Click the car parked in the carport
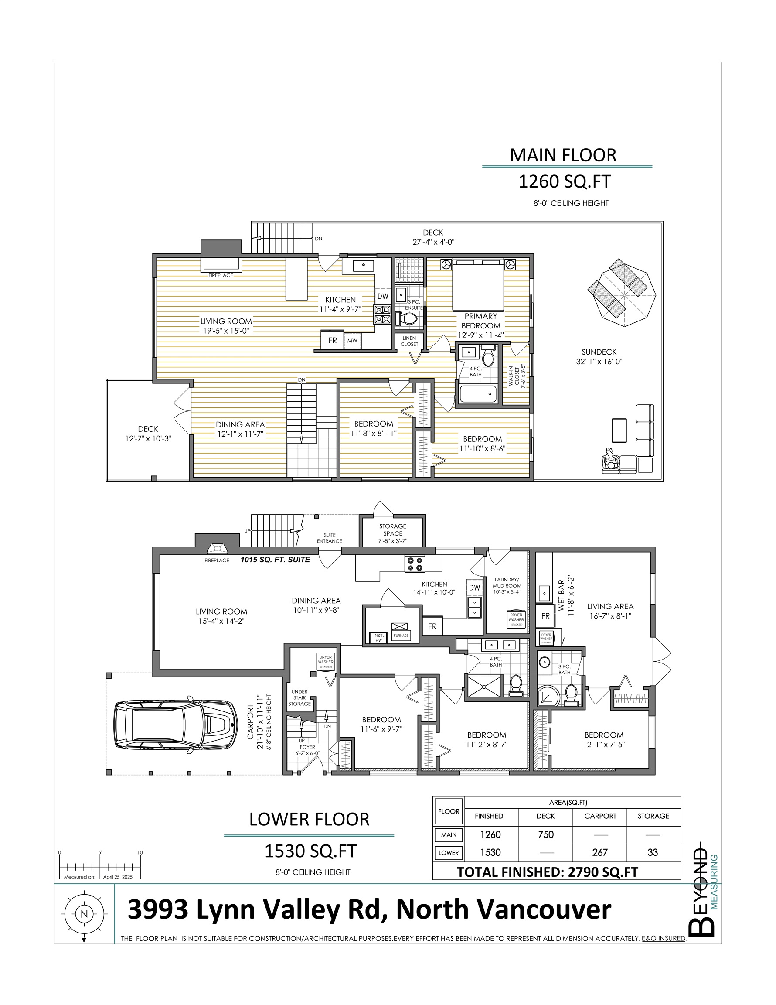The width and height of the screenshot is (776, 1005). [176, 727]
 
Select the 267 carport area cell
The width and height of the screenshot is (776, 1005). [600, 852]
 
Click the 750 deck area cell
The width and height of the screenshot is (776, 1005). [545, 834]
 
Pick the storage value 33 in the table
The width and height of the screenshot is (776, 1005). [653, 852]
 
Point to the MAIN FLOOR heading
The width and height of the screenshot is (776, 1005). [563, 156]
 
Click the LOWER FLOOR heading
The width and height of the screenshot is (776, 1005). [309, 820]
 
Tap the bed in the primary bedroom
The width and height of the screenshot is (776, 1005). [477, 285]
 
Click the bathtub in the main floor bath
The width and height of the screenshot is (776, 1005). [478, 394]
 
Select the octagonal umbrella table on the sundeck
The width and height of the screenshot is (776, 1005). [621, 292]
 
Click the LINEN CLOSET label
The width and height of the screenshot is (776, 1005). [409, 341]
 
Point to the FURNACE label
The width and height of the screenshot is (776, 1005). [401, 636]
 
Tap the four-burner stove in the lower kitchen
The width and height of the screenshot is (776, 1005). [415, 564]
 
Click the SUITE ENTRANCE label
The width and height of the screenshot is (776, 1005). [329, 538]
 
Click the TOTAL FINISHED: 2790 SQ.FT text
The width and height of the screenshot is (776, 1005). [548, 872]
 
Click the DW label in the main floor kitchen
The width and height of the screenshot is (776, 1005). [383, 296]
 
